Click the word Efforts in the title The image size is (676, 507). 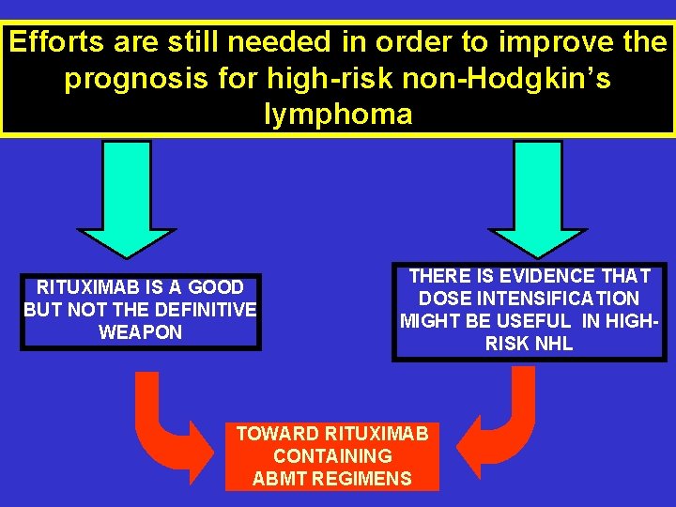pyautogui.click(x=57, y=42)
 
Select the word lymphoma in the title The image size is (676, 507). pyautogui.click(x=338, y=115)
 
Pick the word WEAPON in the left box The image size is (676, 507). pyautogui.click(x=141, y=332)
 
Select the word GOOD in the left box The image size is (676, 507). pyautogui.click(x=216, y=287)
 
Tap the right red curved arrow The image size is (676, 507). pyautogui.click(x=500, y=427)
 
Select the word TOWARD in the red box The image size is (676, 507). pyautogui.click(x=278, y=434)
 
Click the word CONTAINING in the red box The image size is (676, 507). pyautogui.click(x=332, y=456)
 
